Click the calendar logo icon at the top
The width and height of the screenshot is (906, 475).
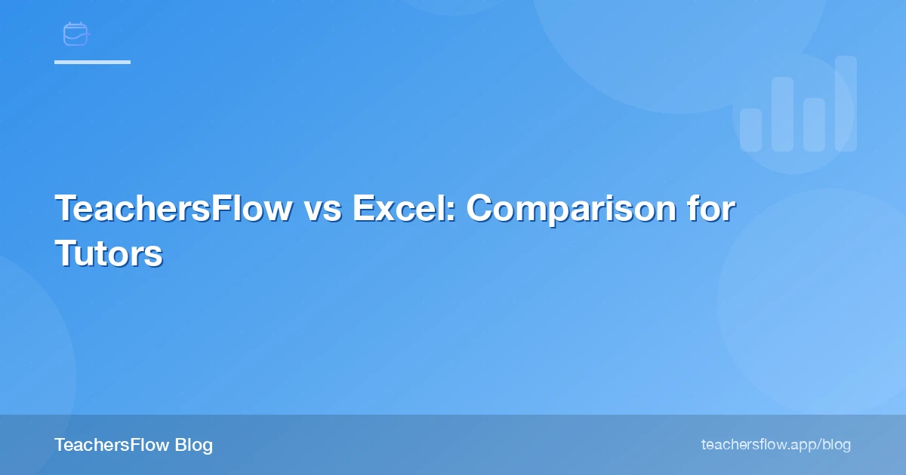tap(75, 34)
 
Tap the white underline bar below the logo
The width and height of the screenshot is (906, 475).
tap(92, 62)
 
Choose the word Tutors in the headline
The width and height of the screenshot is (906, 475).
tap(109, 254)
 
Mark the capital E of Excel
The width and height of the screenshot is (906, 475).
tap(362, 209)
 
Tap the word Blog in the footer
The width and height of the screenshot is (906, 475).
tap(193, 445)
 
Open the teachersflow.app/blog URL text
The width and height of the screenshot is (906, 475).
tap(775, 445)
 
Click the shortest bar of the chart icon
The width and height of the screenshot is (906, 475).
tap(750, 130)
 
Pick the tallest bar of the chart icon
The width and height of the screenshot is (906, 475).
tap(846, 103)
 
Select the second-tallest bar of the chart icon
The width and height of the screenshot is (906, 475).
tap(782, 114)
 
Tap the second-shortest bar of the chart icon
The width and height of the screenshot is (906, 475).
tap(814, 124)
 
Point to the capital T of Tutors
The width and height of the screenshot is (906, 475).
tap(65, 254)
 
